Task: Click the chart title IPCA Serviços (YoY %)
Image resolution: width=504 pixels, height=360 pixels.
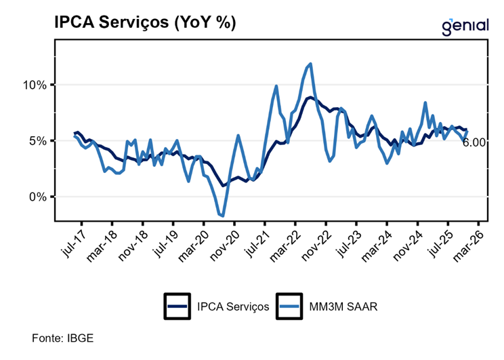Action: pos(145,22)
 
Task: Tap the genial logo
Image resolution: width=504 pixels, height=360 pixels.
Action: pos(465,26)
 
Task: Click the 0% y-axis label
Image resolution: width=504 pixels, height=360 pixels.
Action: pos(39,197)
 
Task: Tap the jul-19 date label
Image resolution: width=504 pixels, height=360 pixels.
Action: pos(163,241)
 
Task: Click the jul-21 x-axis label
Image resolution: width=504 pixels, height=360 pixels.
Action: pos(255,241)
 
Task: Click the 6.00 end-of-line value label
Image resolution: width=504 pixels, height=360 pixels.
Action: pos(474,142)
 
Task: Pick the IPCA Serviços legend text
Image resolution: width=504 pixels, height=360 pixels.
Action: pos(232,306)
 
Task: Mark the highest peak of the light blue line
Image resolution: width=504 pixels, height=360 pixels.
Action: pos(310,64)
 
